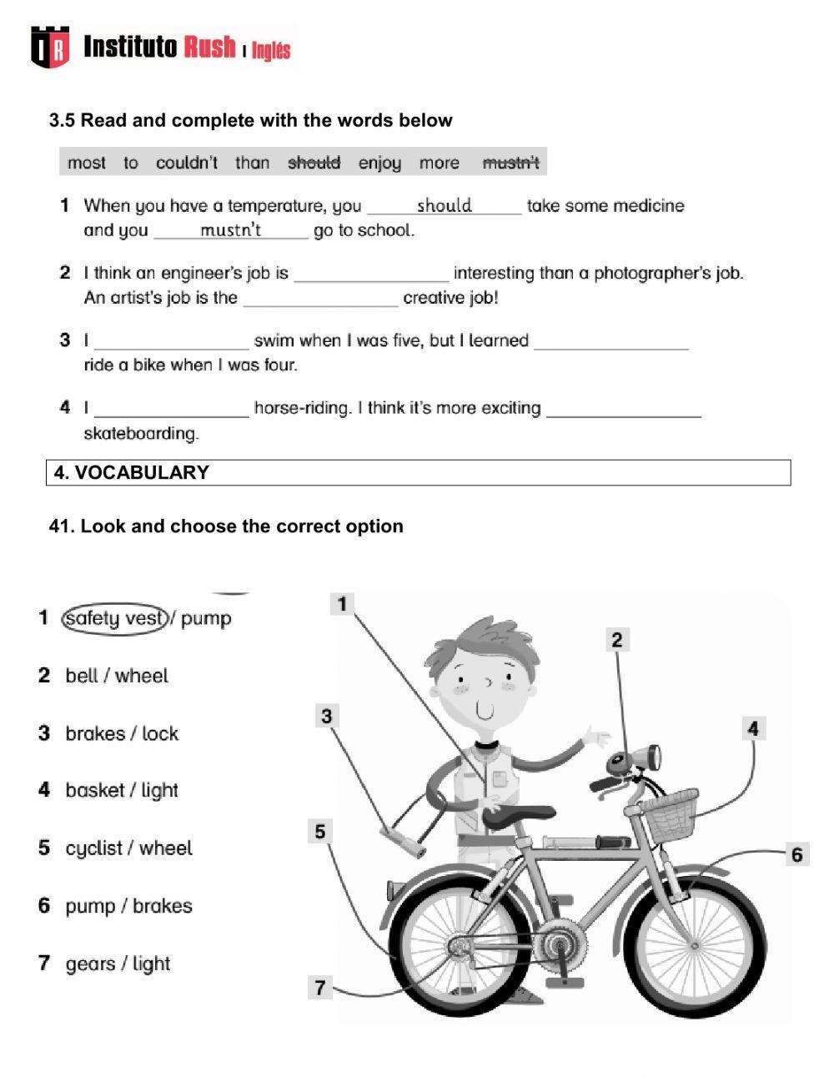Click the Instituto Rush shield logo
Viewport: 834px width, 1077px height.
(x=50, y=47)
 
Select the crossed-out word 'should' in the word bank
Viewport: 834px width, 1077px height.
(x=314, y=163)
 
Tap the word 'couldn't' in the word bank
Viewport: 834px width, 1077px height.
(x=187, y=163)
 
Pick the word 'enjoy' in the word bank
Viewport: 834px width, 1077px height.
(x=379, y=163)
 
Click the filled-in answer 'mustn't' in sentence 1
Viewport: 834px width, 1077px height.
(x=231, y=230)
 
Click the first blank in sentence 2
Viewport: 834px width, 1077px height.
(x=371, y=274)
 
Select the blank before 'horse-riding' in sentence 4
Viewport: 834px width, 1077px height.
(x=172, y=408)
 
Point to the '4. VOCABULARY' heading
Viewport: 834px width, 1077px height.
(x=132, y=472)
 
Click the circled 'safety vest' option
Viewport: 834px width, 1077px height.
(x=115, y=618)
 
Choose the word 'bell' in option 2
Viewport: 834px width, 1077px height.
(x=82, y=676)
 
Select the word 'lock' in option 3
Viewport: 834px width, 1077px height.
(x=160, y=734)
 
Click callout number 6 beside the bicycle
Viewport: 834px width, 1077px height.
(x=796, y=854)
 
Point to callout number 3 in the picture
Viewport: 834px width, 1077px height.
(x=326, y=716)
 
